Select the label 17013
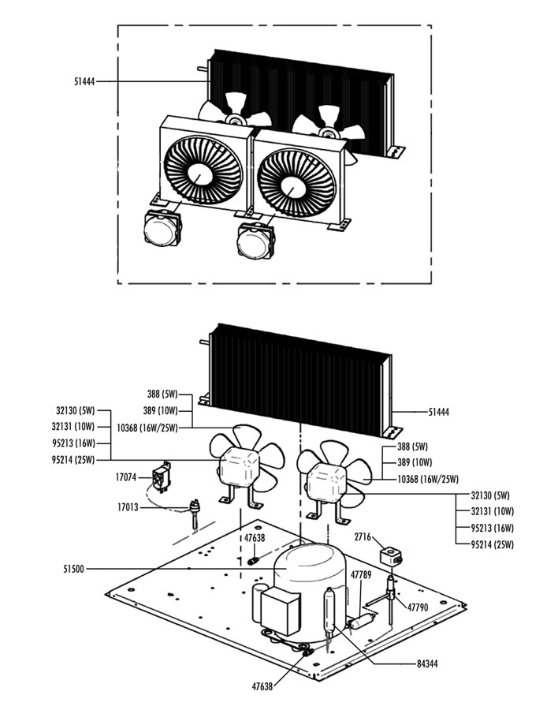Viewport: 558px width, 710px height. point(128,507)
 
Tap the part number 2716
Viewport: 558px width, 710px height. point(363,536)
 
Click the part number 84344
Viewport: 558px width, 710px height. point(430,664)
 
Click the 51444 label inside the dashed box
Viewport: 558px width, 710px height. point(83,81)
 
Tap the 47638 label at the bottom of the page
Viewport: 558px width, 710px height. point(262,686)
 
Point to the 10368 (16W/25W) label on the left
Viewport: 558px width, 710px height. point(147,428)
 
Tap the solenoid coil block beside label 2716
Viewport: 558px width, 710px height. point(391,557)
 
